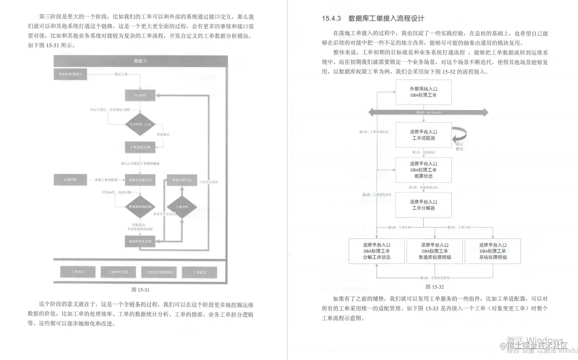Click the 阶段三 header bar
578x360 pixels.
140,61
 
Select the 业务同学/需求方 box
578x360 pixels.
71,74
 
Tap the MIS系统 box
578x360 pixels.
140,96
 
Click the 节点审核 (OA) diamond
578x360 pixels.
140,124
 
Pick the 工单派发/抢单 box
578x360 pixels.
140,147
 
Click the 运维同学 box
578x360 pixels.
70,180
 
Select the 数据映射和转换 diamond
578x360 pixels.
140,207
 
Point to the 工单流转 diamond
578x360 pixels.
182,207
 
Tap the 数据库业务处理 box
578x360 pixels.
140,241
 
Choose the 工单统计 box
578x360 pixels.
77,272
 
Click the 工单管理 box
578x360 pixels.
199,272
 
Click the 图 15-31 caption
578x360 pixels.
140,290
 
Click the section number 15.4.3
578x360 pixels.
332,18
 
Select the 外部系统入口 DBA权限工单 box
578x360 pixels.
423,92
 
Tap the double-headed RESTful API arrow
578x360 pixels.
428,112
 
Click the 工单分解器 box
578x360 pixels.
423,205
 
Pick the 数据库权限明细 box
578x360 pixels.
435,251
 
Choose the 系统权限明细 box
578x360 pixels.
493,251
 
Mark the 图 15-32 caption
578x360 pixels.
434,287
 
